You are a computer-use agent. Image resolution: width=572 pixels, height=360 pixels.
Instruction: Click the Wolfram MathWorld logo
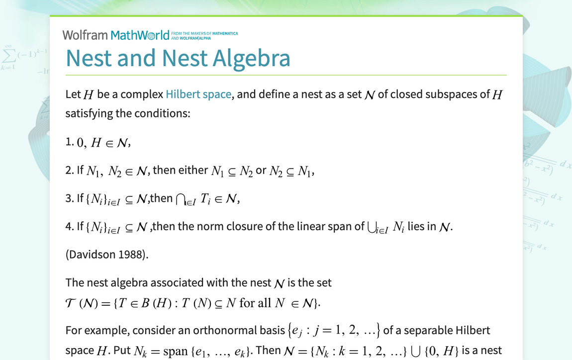pos(116,35)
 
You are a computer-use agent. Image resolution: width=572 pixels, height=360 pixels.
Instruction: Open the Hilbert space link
pos(198,94)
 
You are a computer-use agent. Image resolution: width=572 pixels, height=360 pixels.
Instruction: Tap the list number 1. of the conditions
pos(70,142)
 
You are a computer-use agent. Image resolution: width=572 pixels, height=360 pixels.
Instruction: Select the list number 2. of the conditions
pos(70,170)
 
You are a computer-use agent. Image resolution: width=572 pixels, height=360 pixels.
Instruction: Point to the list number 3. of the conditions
pos(70,198)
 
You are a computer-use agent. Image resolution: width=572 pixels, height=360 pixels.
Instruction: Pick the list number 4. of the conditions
pos(70,226)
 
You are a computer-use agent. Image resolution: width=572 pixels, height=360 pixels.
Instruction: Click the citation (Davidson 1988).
pos(107,255)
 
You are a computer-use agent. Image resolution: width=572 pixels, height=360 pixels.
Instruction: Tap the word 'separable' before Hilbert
pos(424,330)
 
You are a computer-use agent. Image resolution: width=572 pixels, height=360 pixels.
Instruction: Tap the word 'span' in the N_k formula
pos(175,351)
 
